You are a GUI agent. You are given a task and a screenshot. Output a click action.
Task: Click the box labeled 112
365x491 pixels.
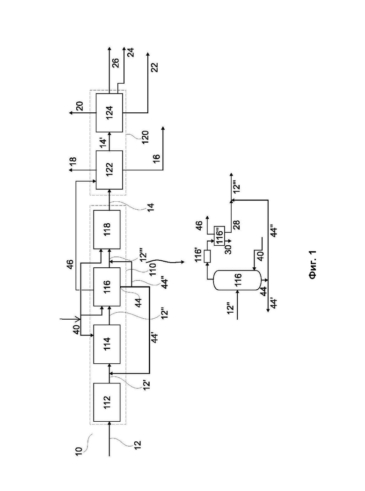[x=107, y=402]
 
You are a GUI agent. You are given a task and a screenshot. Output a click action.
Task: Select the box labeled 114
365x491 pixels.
[x=107, y=344]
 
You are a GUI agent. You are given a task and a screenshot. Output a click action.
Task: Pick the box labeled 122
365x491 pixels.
[x=109, y=170]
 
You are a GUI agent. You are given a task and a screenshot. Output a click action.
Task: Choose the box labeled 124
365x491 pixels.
[x=109, y=113]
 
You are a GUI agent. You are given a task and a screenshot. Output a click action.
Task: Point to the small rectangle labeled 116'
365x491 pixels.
[x=207, y=256]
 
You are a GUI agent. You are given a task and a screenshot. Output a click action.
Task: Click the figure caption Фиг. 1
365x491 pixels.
[x=313, y=264]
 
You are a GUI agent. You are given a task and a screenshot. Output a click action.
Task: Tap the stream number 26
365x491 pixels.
[x=116, y=63]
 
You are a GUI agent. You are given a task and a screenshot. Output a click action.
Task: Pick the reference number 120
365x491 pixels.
[x=145, y=137]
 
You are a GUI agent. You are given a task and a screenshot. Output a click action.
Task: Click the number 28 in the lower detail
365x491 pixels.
[x=237, y=225]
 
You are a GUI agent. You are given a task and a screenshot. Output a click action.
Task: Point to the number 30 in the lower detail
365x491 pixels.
[x=228, y=249]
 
